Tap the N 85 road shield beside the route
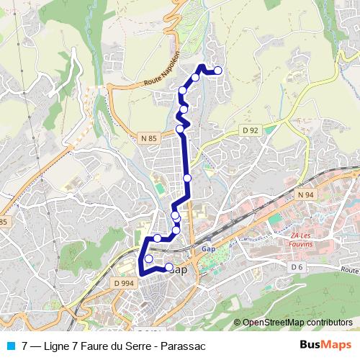click(x=148, y=137)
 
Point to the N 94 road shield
click(x=305, y=194)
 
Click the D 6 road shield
click(x=297, y=266)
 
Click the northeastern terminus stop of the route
click(x=217, y=71)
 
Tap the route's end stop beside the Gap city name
click(x=169, y=267)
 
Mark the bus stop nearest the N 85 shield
click(x=180, y=129)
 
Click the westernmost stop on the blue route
click(x=149, y=258)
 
